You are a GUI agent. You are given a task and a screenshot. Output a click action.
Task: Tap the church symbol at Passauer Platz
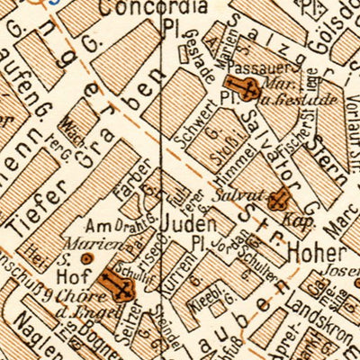coord(247,88)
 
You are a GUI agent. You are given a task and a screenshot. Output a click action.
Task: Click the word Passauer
coord(250,67)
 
